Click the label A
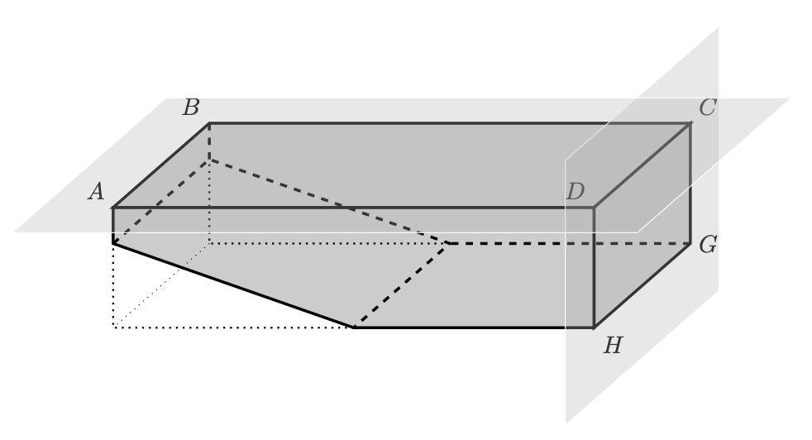(x=97, y=193)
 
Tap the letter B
(x=191, y=108)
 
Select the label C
(x=707, y=108)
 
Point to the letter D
(x=576, y=192)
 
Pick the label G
(x=707, y=245)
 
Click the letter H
(x=613, y=346)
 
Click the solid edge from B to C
(x=447, y=123)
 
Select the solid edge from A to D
(x=347, y=208)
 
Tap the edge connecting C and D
(x=642, y=165)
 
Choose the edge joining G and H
(x=642, y=286)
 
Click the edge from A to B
(x=160, y=165)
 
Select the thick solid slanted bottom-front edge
(x=232, y=285)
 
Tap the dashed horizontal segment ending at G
(x=571, y=244)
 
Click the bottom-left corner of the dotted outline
(x=113, y=328)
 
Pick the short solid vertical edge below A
(x=113, y=225)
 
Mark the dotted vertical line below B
(x=209, y=203)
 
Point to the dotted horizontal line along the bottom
(x=232, y=328)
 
